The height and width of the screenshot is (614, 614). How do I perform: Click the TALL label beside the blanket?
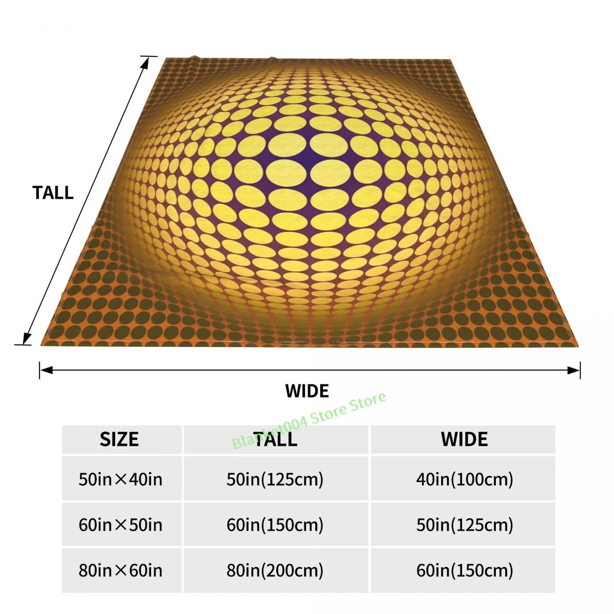tap(53, 193)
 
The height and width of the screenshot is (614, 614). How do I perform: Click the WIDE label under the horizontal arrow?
tap(307, 391)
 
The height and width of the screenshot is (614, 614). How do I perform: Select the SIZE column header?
tap(119, 440)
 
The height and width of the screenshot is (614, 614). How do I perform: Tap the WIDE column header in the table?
tap(464, 440)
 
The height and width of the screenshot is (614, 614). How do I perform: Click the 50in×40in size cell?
tap(121, 479)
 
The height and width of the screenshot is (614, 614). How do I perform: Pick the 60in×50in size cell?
tap(121, 525)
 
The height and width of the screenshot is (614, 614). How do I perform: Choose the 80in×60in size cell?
tap(121, 571)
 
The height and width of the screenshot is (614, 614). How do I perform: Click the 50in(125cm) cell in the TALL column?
tap(275, 479)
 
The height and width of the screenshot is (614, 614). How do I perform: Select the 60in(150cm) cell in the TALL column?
tap(275, 525)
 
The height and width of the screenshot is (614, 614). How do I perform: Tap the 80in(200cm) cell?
tap(275, 571)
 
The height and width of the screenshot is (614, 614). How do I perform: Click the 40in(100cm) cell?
tap(464, 479)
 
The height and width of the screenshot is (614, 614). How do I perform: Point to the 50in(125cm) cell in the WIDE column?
tap(464, 525)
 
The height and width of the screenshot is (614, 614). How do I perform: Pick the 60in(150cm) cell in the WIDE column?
tap(464, 571)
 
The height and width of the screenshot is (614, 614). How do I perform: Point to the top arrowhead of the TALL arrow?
tap(146, 61)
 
